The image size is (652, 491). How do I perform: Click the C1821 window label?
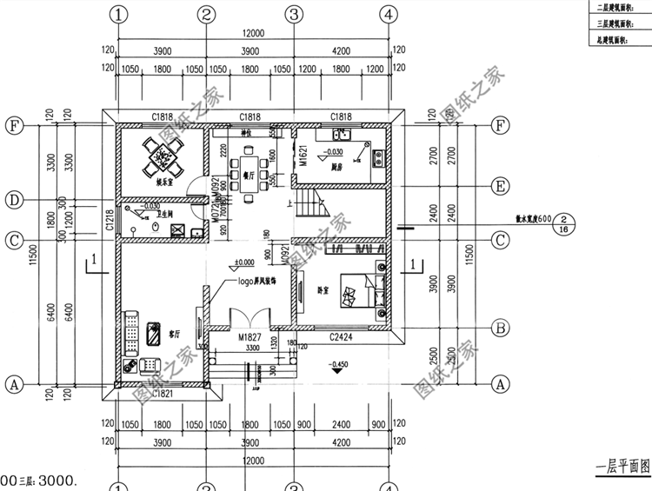coord(163,393)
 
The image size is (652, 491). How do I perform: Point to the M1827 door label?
coord(249,335)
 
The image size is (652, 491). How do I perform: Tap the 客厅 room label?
coord(174,333)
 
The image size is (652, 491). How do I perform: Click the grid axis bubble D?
coord(14,200)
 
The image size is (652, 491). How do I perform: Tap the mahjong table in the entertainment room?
coord(162,156)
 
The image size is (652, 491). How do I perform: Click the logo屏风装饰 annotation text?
coord(264,282)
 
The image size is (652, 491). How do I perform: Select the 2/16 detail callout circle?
coord(565,223)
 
